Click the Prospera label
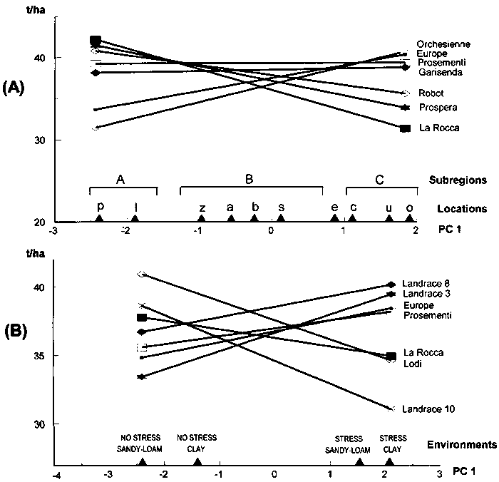click(437, 108)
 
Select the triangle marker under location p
click(100, 220)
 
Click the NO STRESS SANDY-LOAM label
click(142, 443)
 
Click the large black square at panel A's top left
click(96, 41)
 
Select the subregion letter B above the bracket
click(249, 180)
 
